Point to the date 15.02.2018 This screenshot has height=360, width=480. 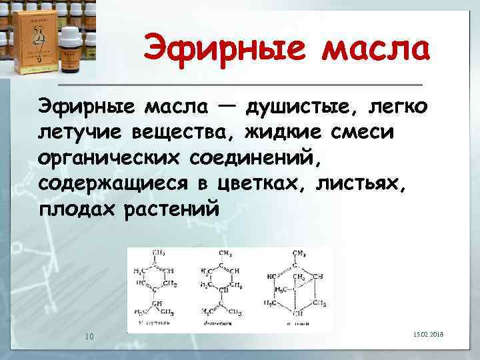click(433, 336)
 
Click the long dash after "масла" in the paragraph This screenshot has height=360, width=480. click(225, 105)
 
